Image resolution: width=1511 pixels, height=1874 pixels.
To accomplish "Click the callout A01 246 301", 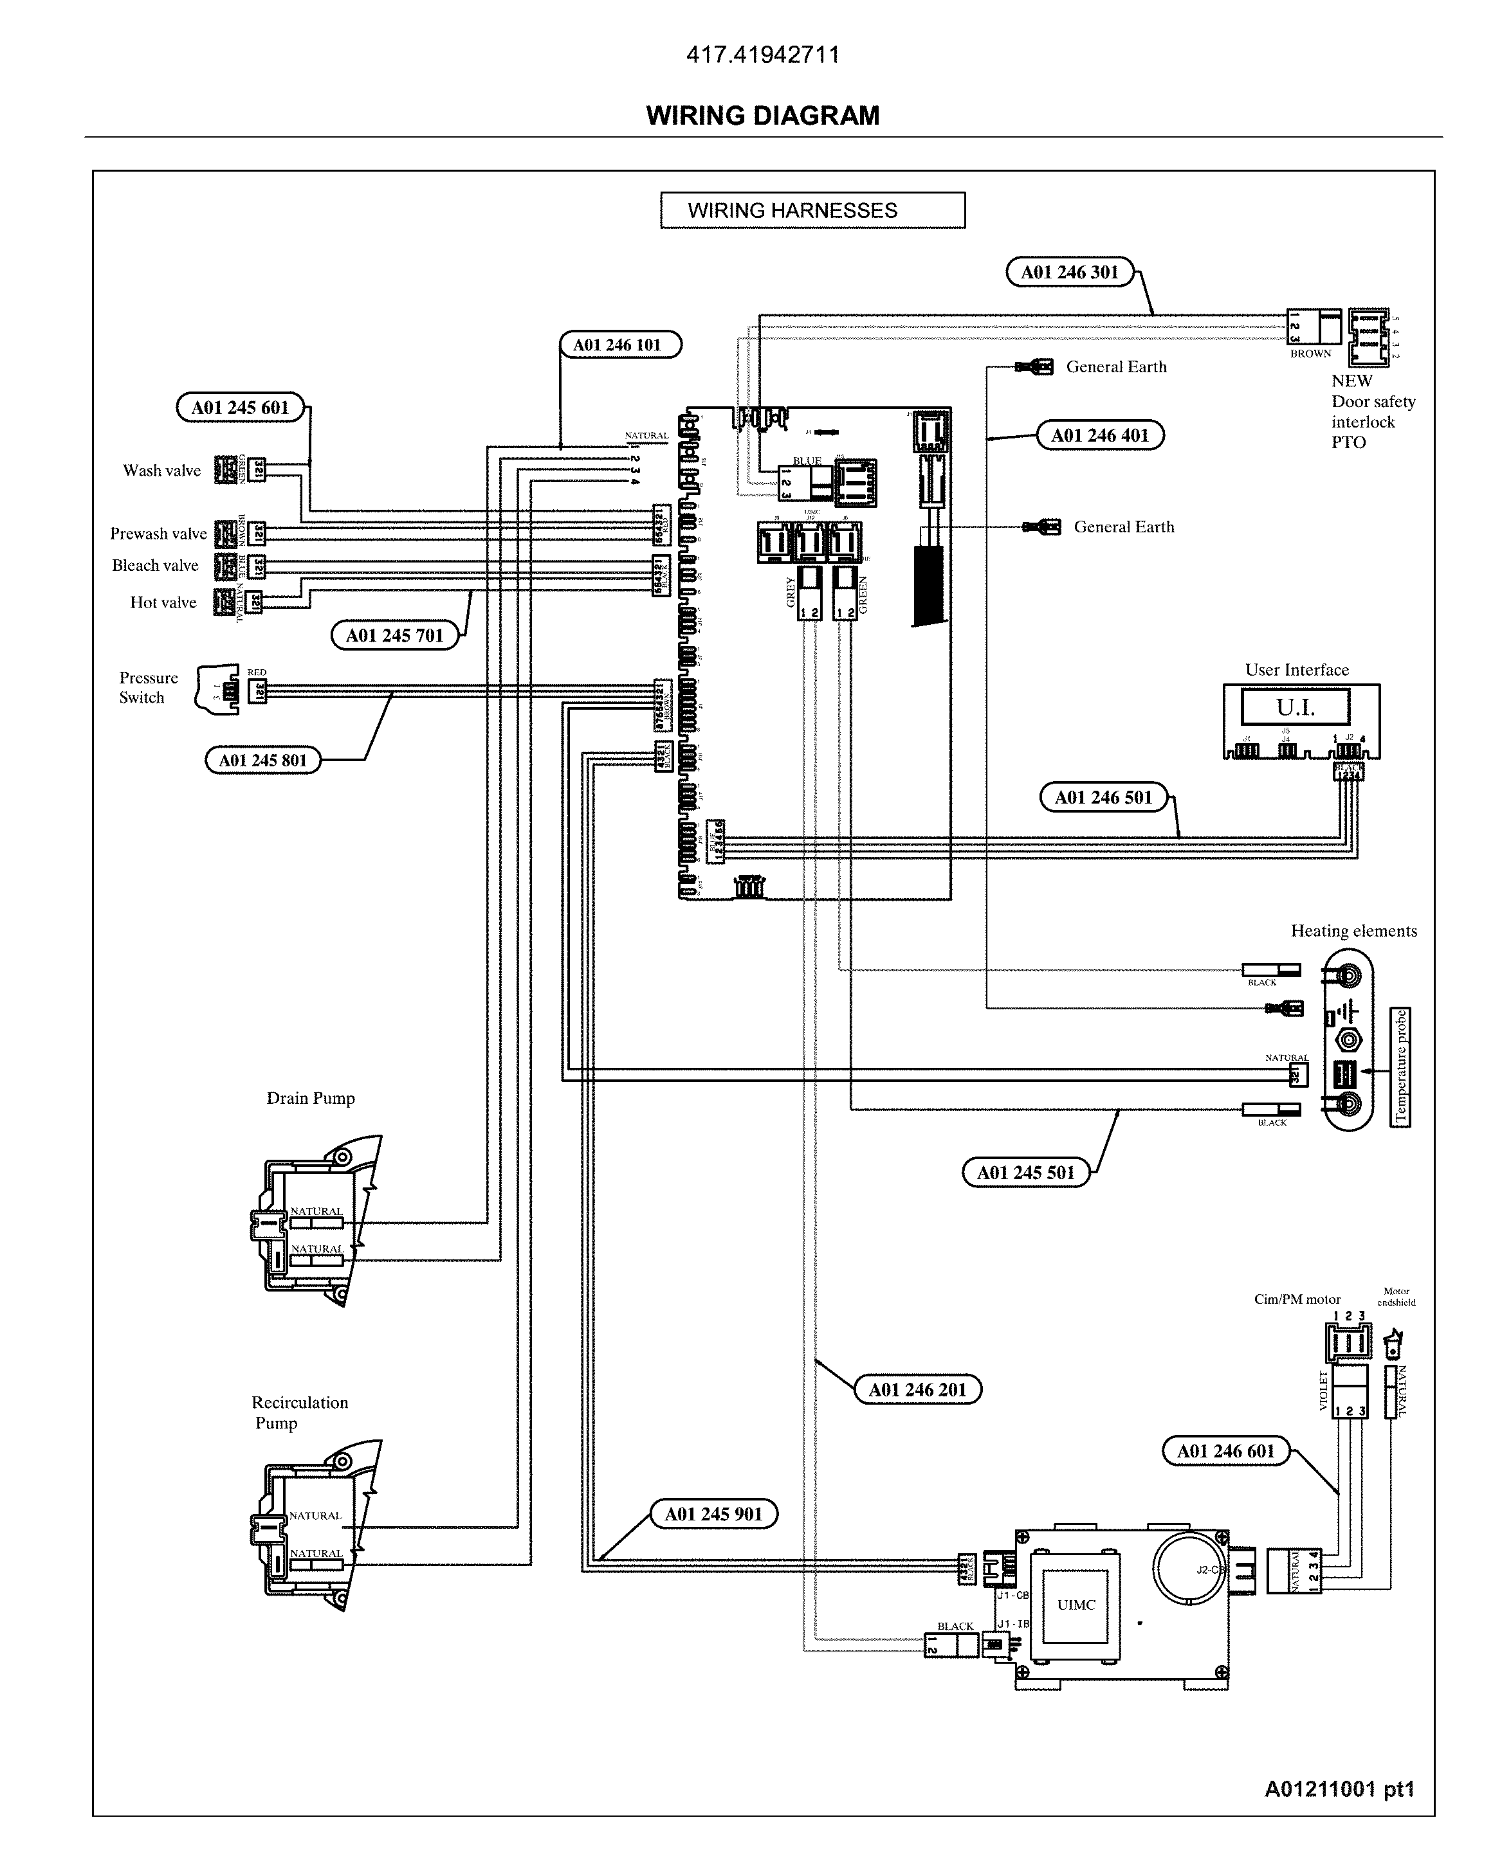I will click(x=1069, y=273).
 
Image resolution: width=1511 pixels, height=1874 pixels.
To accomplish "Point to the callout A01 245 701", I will click(x=394, y=635).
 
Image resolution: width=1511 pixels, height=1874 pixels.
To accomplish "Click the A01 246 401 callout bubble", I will click(x=1099, y=435).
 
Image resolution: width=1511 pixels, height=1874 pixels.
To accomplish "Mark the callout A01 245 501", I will click(x=1025, y=1172).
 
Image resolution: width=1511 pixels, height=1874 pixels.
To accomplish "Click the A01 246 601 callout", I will click(x=1225, y=1450).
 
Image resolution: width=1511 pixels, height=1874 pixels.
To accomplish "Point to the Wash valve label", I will click(x=162, y=471).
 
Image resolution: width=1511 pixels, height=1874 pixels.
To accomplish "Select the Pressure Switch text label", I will click(x=148, y=687).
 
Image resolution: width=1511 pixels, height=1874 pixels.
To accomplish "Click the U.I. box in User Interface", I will click(x=1294, y=707).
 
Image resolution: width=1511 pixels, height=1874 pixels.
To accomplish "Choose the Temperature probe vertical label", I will click(x=1400, y=1067).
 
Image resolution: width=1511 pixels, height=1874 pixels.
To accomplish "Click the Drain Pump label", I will click(x=311, y=1098).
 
